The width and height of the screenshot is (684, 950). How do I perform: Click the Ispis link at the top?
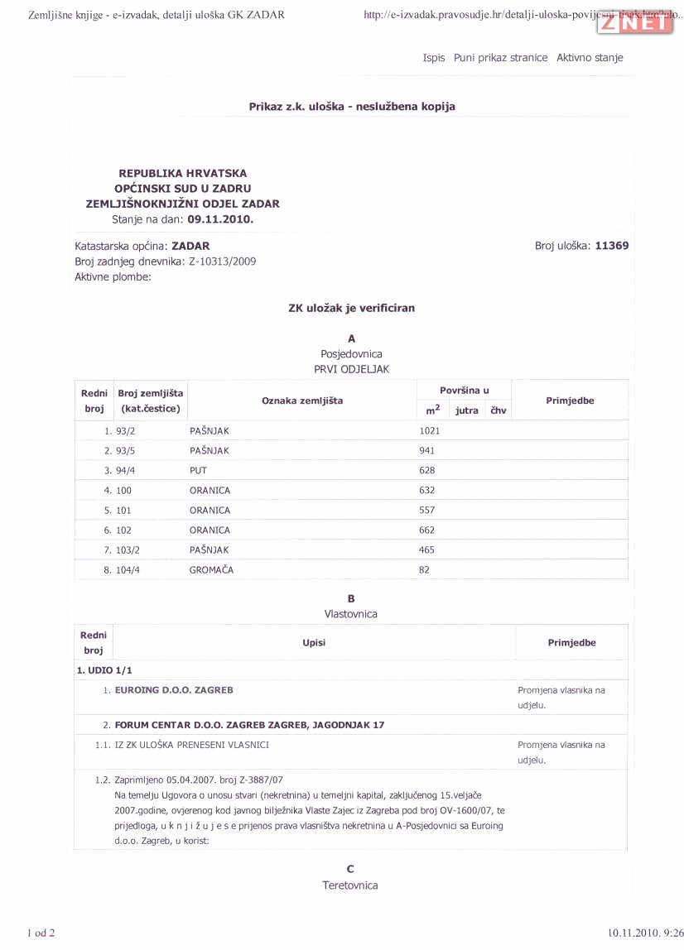pos(434,58)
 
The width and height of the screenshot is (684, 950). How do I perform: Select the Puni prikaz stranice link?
pos(500,58)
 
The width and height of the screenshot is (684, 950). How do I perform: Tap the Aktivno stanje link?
pos(590,58)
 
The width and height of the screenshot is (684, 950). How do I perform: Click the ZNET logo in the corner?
pos(635,23)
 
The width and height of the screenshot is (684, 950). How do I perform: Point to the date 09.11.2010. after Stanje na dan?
pos(220,219)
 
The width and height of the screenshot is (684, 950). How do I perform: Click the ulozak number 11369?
pos(611,246)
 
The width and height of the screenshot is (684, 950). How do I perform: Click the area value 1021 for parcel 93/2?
pos(430,431)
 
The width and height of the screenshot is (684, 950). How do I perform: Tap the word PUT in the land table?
pos(198,471)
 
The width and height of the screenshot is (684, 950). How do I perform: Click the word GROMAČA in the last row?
pos(211,570)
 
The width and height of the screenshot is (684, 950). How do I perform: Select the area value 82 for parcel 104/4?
pos(425,570)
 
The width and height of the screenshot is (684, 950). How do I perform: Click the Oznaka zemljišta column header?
pos(302,401)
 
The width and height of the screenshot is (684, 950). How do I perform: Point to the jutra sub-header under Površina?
pos(466,410)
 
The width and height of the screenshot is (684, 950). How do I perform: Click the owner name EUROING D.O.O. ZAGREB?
pos(174,689)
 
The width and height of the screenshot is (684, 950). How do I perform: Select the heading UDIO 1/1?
pos(104,670)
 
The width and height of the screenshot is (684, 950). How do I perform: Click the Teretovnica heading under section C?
pos(350,885)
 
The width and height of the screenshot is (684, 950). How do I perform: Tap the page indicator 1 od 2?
pos(41,933)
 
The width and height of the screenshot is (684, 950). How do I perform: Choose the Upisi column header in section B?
pos(314,643)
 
